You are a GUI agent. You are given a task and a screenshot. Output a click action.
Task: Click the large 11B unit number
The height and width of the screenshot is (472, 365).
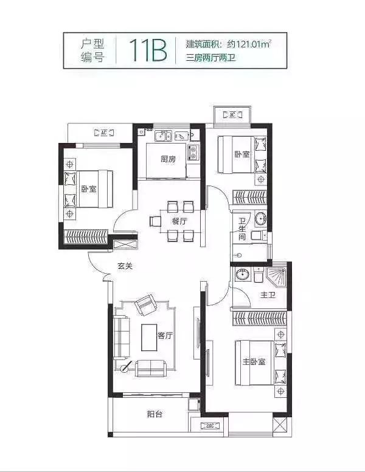click(148, 50)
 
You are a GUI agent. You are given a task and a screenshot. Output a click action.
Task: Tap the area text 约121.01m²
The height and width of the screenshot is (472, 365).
click(249, 44)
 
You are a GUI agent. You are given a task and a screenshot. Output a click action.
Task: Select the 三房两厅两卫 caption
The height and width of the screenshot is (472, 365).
click(210, 57)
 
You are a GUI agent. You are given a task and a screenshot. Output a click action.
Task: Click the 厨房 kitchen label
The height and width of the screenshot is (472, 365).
click(168, 159)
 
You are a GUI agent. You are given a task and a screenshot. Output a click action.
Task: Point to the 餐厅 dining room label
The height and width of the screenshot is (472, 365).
click(179, 221)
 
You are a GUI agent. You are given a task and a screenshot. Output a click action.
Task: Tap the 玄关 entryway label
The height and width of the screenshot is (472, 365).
click(125, 266)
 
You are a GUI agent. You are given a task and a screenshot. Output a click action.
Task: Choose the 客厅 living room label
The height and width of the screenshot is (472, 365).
click(165, 335)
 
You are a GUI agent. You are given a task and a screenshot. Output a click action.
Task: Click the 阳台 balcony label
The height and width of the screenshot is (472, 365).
click(155, 414)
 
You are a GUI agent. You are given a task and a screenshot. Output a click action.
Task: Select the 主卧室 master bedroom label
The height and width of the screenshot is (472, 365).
click(254, 361)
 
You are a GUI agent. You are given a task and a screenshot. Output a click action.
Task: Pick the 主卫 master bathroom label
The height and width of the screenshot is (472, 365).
click(268, 295)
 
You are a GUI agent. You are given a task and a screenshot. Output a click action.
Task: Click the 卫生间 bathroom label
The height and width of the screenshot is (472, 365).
click(242, 229)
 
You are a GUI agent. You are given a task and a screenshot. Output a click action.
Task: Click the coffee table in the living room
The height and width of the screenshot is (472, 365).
click(149, 337)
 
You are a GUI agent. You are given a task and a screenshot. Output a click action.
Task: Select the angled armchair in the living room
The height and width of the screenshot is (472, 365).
click(146, 305)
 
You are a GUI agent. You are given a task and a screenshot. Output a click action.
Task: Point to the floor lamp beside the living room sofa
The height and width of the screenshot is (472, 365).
click(125, 367)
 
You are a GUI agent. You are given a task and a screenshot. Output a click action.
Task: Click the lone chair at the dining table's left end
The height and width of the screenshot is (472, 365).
click(155, 221)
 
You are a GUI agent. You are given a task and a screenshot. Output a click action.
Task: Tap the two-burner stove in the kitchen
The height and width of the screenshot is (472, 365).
click(193, 152)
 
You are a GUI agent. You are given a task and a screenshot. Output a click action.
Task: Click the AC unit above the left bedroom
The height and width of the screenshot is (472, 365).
click(104, 133)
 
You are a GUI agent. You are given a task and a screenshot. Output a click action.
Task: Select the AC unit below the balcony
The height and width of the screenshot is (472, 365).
click(210, 426)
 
